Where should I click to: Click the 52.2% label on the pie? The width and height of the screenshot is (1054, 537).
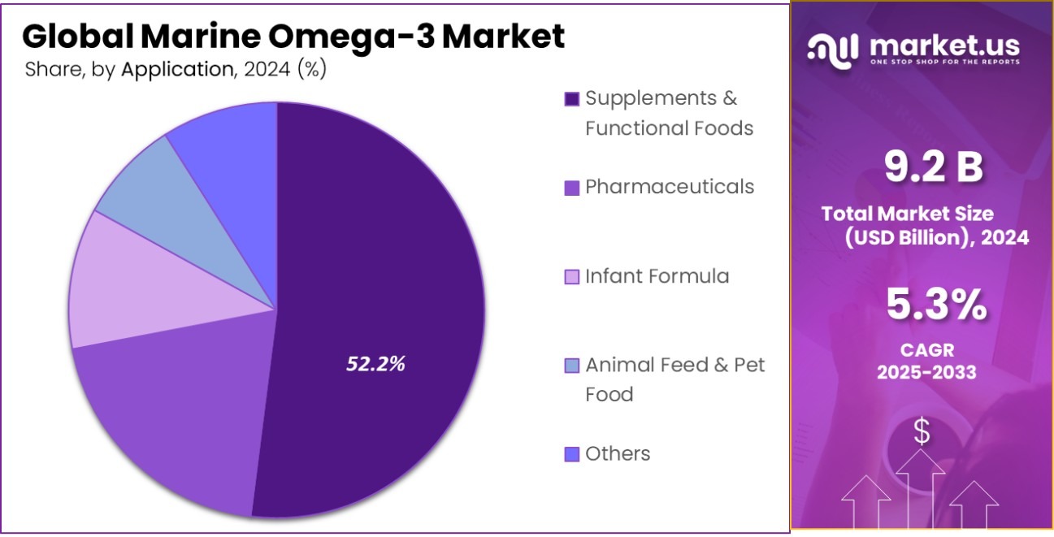point(375,365)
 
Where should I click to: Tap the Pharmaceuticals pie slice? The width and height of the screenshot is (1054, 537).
point(171,422)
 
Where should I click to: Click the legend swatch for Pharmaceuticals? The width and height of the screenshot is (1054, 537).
point(572,188)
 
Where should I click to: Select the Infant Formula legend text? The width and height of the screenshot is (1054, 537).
point(657,276)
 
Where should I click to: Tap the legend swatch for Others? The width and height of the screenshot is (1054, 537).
point(572,454)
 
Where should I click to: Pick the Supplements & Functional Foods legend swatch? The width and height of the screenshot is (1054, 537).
point(572,99)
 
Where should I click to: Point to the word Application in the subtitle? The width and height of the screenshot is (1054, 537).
point(176,70)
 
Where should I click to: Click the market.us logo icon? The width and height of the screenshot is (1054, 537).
point(833,50)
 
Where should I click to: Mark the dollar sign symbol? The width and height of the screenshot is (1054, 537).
point(922,432)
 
